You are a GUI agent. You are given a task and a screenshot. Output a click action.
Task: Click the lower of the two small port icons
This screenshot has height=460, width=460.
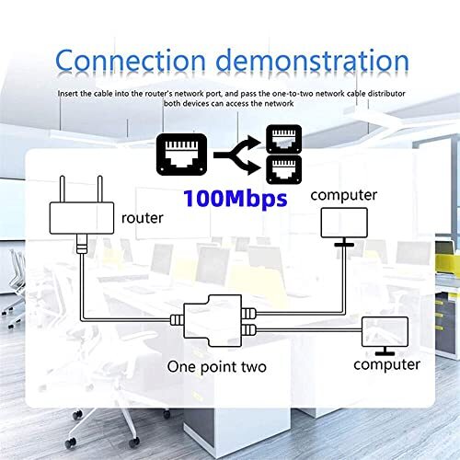point(281,168)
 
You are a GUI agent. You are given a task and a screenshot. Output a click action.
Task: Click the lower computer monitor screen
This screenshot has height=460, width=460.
point(386,328)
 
